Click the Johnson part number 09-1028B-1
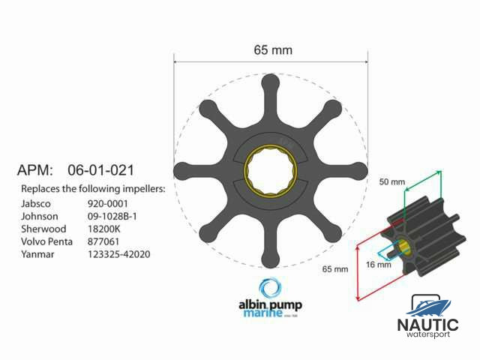tap(115, 215)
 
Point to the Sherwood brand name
tap(43, 229)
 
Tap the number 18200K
tap(104, 229)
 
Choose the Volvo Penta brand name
tap(49, 241)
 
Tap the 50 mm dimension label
tap(393, 182)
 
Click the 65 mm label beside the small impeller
tap(336, 268)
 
